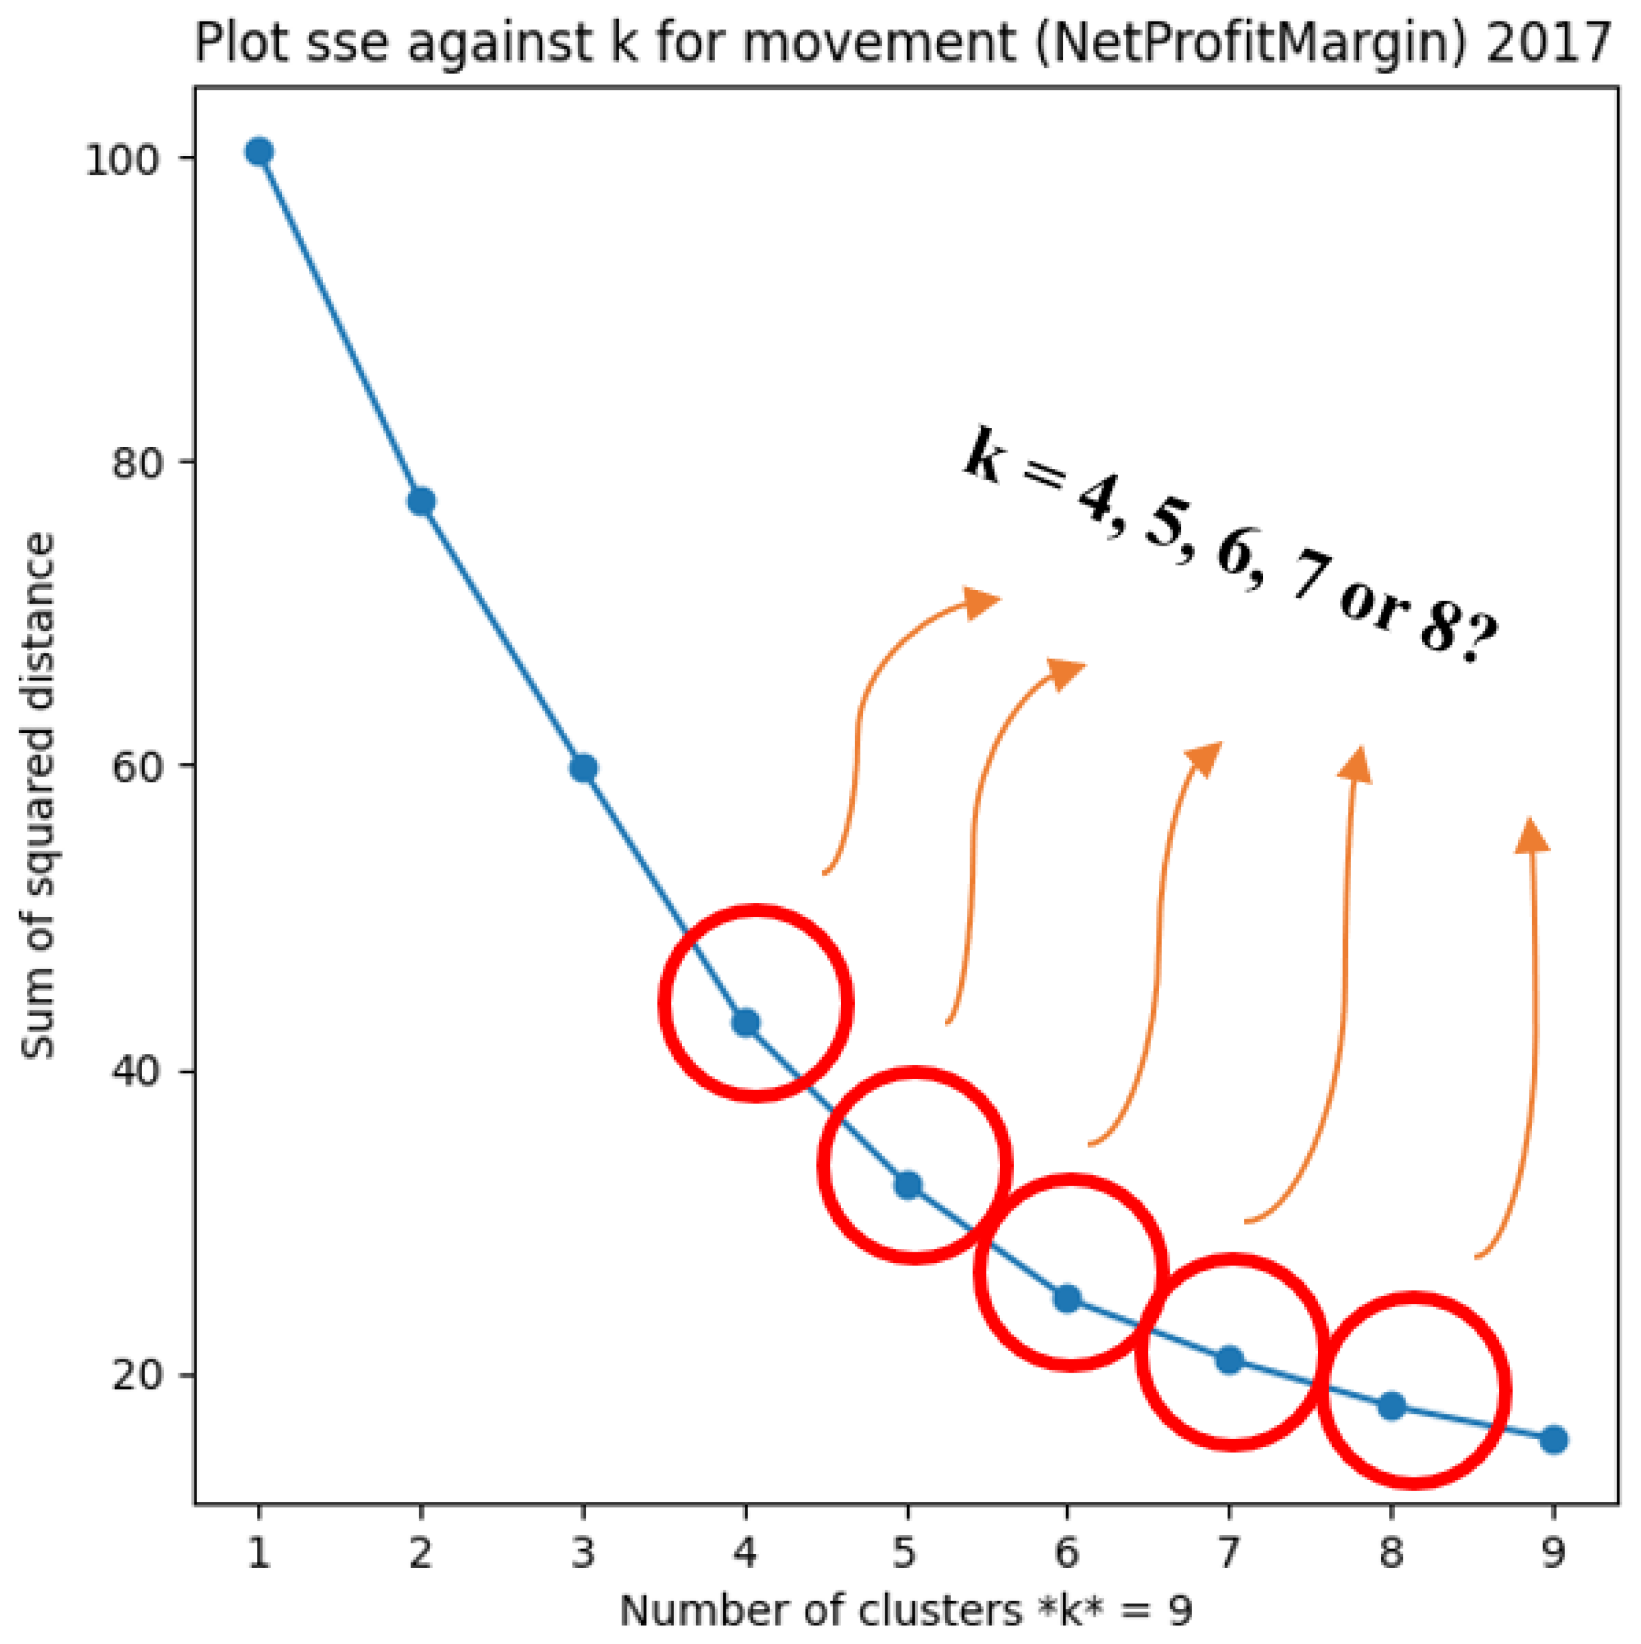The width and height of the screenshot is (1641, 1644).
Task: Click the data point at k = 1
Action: pos(259,152)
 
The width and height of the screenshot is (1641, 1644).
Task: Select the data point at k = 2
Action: pos(421,501)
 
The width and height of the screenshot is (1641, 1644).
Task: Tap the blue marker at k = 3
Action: pos(583,768)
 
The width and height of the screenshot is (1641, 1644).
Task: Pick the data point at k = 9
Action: pos(1553,1440)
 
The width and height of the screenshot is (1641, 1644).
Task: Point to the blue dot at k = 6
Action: pos(1067,1298)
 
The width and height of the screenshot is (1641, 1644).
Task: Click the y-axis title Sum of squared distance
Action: pos(38,796)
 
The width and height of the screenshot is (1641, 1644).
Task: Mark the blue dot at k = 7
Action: pos(1230,1360)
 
